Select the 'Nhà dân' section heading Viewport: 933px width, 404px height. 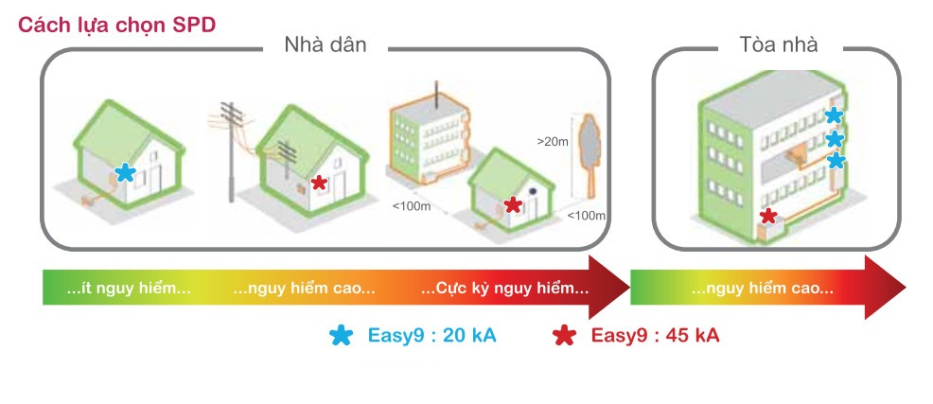pos(325,44)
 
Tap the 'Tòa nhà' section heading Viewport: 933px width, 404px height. pos(778,44)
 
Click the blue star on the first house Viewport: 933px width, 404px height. pos(124,173)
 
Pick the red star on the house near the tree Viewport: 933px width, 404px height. pos(512,204)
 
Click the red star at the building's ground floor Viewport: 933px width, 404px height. pos(769,217)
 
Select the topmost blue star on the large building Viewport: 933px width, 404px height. pos(833,115)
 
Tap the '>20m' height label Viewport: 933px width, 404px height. pos(553,143)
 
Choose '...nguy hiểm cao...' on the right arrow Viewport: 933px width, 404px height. pos(762,288)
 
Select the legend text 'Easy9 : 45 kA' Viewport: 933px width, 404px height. pos(655,335)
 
